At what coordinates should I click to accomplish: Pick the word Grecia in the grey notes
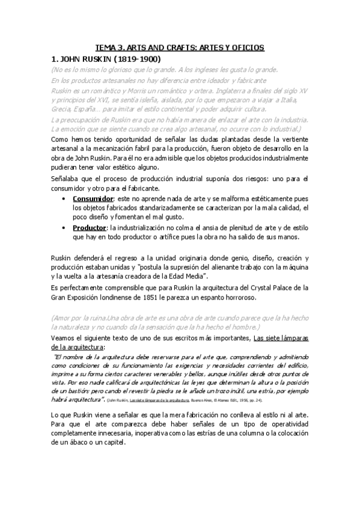pos(62,109)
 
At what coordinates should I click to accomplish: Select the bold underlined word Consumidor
pos(93,198)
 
